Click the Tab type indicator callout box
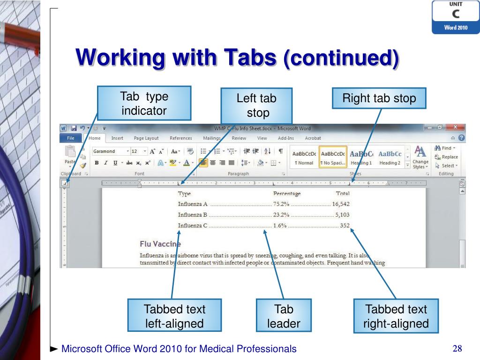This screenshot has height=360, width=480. pyautogui.click(x=144, y=104)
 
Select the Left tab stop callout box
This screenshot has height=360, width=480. pyautogui.click(x=256, y=106)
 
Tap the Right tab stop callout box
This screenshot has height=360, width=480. pyautogui.click(x=379, y=98)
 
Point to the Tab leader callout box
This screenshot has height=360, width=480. pyautogui.click(x=283, y=316)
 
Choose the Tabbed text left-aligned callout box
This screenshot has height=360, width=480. pyautogui.click(x=174, y=316)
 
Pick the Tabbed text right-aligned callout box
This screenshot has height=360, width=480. pyautogui.click(x=396, y=316)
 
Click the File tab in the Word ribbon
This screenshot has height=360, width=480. pyautogui.click(x=71, y=138)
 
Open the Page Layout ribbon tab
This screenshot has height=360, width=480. pyautogui.click(x=146, y=138)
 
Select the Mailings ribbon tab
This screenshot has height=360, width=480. pyautogui.click(x=212, y=138)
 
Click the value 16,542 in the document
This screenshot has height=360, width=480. pyautogui.click(x=341, y=204)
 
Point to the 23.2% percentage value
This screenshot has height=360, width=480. pyautogui.click(x=281, y=215)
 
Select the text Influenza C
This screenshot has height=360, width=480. pyautogui.click(x=192, y=225)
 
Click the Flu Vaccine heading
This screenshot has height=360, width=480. pyautogui.click(x=160, y=244)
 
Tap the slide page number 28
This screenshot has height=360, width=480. pyautogui.click(x=457, y=348)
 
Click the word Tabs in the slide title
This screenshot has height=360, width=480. pyautogui.click(x=249, y=58)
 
